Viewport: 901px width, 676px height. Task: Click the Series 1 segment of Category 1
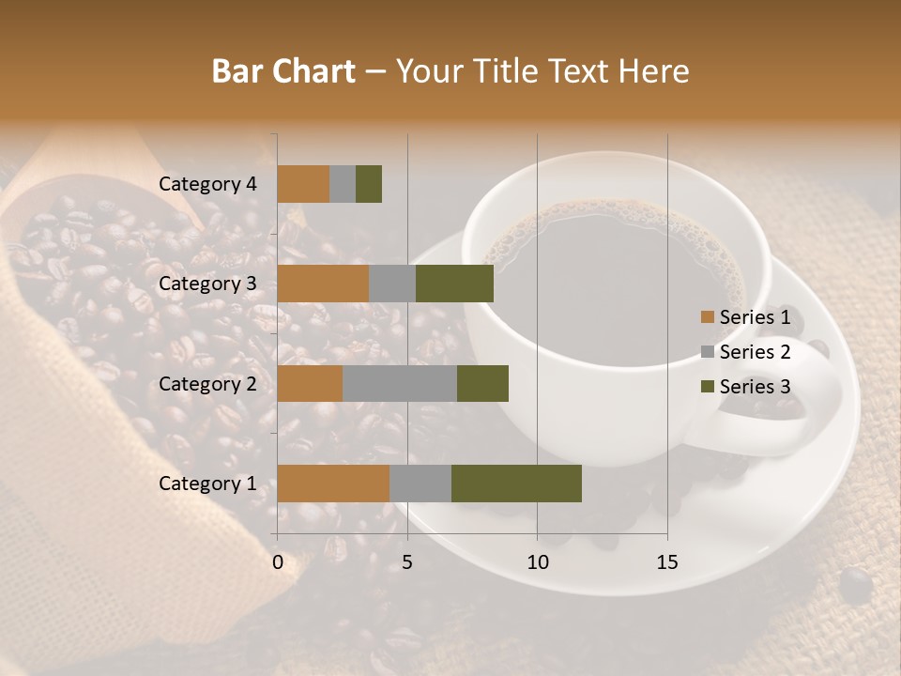coord(333,484)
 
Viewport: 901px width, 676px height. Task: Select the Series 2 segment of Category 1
coord(420,484)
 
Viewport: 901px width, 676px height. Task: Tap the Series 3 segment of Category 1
coord(516,484)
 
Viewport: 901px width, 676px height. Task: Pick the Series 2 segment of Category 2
coord(400,383)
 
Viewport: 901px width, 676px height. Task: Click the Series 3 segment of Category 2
coord(482,383)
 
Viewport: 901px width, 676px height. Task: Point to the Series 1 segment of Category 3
coord(323,284)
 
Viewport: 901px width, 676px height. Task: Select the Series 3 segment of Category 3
coord(454,284)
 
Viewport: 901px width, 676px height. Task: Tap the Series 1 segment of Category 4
coord(303,184)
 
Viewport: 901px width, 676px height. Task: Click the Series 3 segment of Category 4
coord(369,184)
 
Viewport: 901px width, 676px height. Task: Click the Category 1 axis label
coord(207,484)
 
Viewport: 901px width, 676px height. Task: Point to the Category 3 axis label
coord(207,284)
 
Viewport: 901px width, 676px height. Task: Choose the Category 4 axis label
coord(207,184)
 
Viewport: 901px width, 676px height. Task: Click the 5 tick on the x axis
coord(407,562)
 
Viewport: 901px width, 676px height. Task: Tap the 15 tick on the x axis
coord(666,562)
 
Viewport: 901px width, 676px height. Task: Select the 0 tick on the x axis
coord(278,562)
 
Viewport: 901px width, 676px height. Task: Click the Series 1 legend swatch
coord(707,317)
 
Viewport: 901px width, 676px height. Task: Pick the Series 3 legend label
coord(755,387)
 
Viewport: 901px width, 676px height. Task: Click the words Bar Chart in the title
coord(283,71)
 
